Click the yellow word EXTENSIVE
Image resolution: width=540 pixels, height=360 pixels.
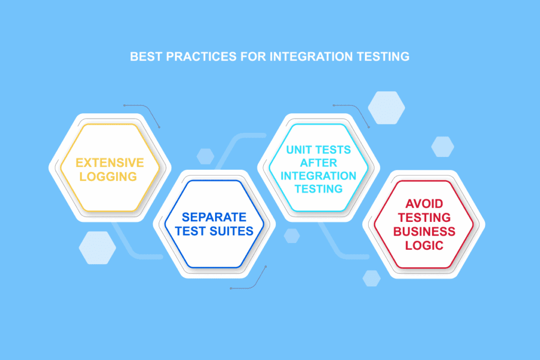(110, 162)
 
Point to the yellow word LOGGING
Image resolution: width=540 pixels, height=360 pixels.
(110, 176)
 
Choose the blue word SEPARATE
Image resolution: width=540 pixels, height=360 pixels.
(214, 217)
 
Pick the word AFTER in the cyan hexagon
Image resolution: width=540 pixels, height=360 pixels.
(319, 162)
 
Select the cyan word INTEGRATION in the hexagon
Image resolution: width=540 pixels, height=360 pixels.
(319, 176)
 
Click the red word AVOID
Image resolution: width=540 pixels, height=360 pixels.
(424, 204)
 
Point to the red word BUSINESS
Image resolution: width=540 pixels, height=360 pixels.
(424, 231)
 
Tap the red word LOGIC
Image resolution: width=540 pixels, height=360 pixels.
(424, 245)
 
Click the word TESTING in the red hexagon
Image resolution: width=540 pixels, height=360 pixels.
(424, 218)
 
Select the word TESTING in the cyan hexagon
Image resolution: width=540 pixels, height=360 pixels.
(319, 189)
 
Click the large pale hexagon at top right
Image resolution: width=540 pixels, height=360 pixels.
(386, 107)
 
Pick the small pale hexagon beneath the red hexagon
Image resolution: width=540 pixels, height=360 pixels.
(372, 278)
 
